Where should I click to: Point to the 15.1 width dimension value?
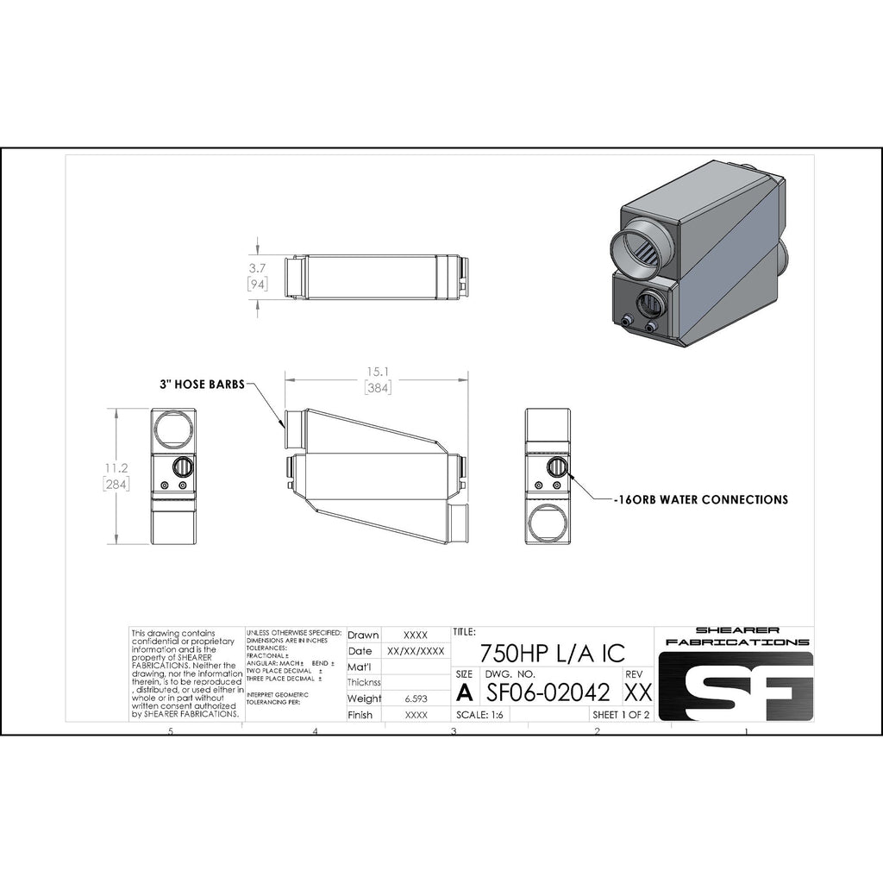tap(378, 373)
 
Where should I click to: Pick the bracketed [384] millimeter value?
tap(378, 388)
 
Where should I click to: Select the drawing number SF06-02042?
tap(549, 692)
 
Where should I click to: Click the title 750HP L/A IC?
tap(552, 652)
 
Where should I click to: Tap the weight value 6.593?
tap(416, 698)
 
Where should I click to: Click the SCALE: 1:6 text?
tap(481, 715)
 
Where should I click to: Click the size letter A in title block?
tap(465, 692)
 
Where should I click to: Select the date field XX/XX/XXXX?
tap(416, 651)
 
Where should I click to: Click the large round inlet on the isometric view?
tap(641, 247)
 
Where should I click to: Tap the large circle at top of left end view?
tap(173, 428)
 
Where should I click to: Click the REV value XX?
tap(637, 692)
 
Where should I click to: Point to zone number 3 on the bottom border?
tap(454, 731)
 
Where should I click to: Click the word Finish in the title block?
tap(360, 715)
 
